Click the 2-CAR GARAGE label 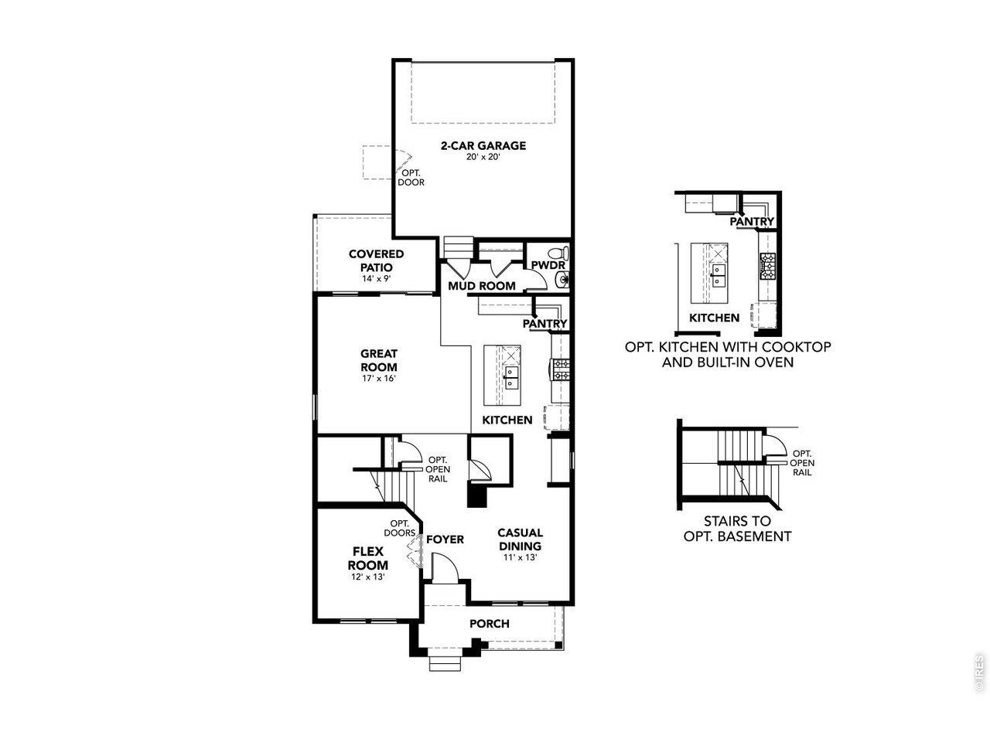[x=483, y=145]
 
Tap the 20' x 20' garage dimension [x=483, y=157]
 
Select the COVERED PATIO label [x=376, y=260]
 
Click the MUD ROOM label [x=482, y=286]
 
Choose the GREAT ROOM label [x=379, y=360]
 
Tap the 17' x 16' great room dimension [x=379, y=379]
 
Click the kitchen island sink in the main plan [x=511, y=377]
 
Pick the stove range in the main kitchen [x=558, y=369]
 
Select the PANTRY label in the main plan [x=544, y=324]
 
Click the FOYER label [x=445, y=539]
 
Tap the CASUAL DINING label [x=520, y=539]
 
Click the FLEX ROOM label [x=368, y=558]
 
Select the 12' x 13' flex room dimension [x=368, y=577]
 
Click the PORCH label [x=490, y=624]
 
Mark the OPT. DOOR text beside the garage [x=411, y=178]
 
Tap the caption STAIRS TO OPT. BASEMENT [x=737, y=529]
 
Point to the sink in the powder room [x=562, y=279]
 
